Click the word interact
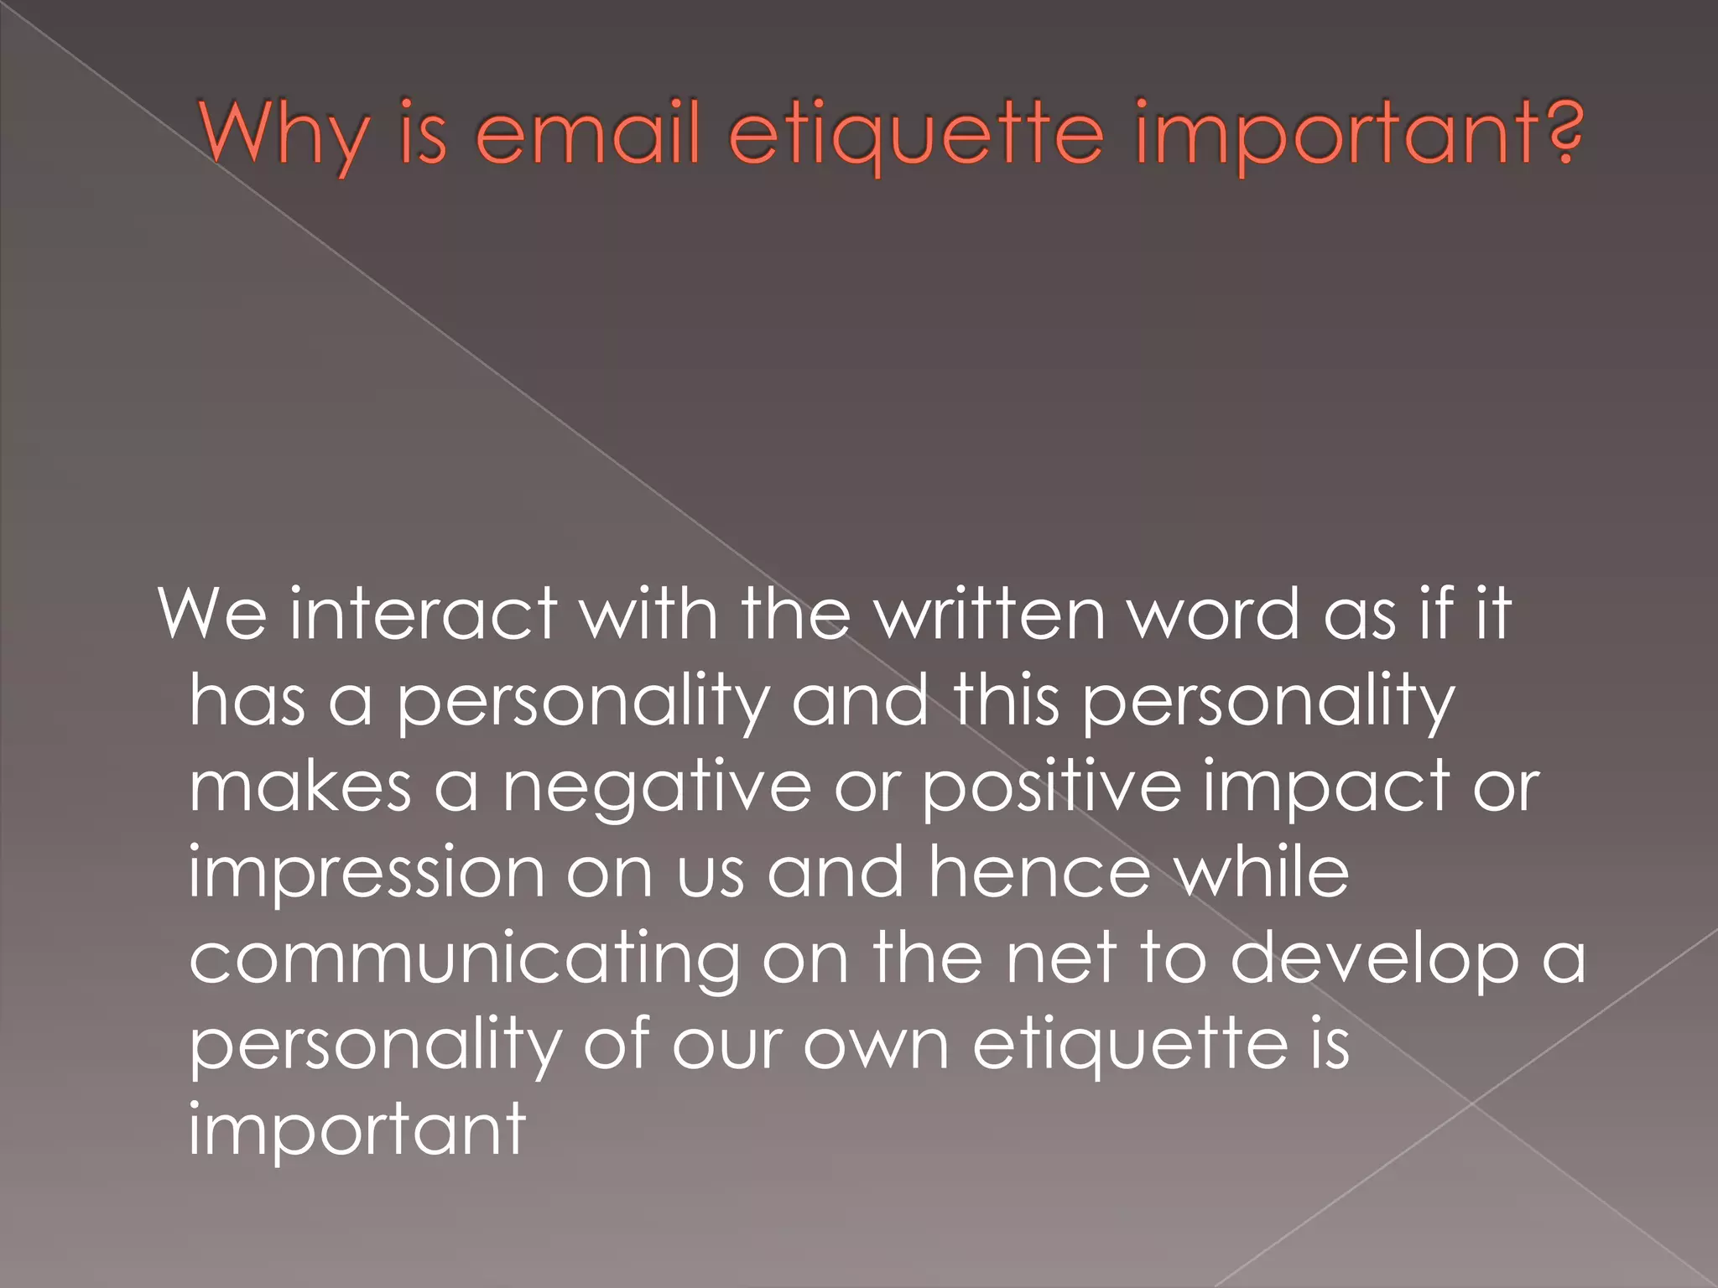tap(424, 614)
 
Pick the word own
tap(876, 1046)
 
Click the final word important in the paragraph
tap(357, 1132)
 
